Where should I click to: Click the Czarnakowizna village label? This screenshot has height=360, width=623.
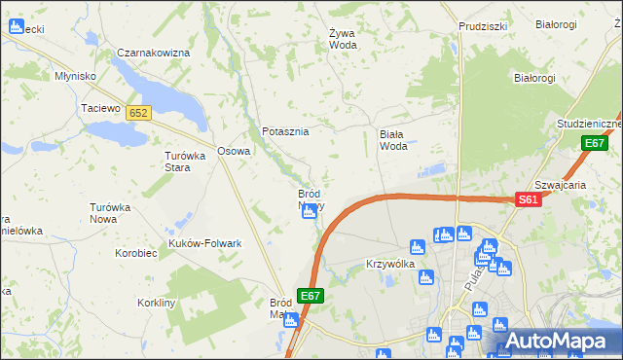(x=153, y=53)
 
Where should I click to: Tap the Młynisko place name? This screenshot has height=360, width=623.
(x=75, y=76)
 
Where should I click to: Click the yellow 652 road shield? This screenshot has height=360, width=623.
(x=137, y=114)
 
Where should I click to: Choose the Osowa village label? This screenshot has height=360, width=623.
(x=234, y=151)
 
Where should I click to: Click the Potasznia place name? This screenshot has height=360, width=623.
(x=285, y=131)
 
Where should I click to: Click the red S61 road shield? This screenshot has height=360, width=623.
(x=527, y=199)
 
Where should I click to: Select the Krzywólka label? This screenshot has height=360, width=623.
(x=390, y=264)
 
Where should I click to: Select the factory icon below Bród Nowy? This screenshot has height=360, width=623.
(x=310, y=211)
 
